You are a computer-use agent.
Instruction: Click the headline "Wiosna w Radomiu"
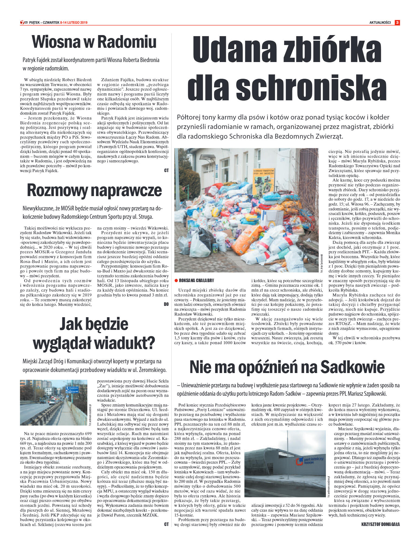[x=94, y=42]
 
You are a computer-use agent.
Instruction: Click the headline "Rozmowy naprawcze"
[x=94, y=190]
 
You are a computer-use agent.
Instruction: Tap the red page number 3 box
[x=397, y=23]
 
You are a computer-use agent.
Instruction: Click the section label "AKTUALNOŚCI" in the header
[x=380, y=23]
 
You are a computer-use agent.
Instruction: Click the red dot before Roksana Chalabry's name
[x=176, y=281]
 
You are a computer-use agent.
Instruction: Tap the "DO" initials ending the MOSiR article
[x=166, y=304]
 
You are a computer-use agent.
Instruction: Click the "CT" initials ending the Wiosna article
[x=166, y=170]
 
